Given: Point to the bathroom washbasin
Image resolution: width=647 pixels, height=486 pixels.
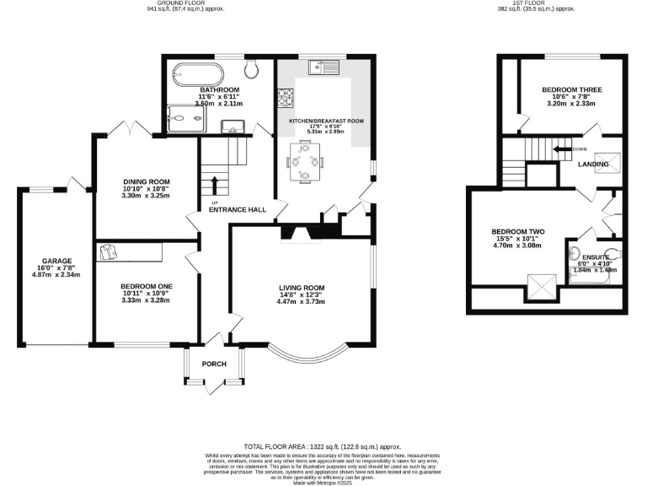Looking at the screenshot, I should [x=233, y=127].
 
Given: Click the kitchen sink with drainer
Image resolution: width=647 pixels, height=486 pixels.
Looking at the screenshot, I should [x=323, y=66].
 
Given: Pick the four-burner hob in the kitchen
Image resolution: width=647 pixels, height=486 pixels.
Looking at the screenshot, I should [x=284, y=100].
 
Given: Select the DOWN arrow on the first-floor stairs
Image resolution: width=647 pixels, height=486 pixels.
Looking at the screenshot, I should [x=559, y=149].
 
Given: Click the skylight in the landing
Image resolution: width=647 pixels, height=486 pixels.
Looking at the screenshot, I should [x=604, y=163].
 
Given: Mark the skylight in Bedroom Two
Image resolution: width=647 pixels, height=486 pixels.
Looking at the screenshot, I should [x=537, y=287].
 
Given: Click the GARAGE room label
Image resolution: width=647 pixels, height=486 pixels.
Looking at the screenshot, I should [x=58, y=261].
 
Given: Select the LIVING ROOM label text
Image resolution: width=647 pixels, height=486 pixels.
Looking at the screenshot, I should [x=301, y=287].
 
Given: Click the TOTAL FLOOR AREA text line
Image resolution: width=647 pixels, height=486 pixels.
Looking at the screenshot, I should [x=323, y=445].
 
